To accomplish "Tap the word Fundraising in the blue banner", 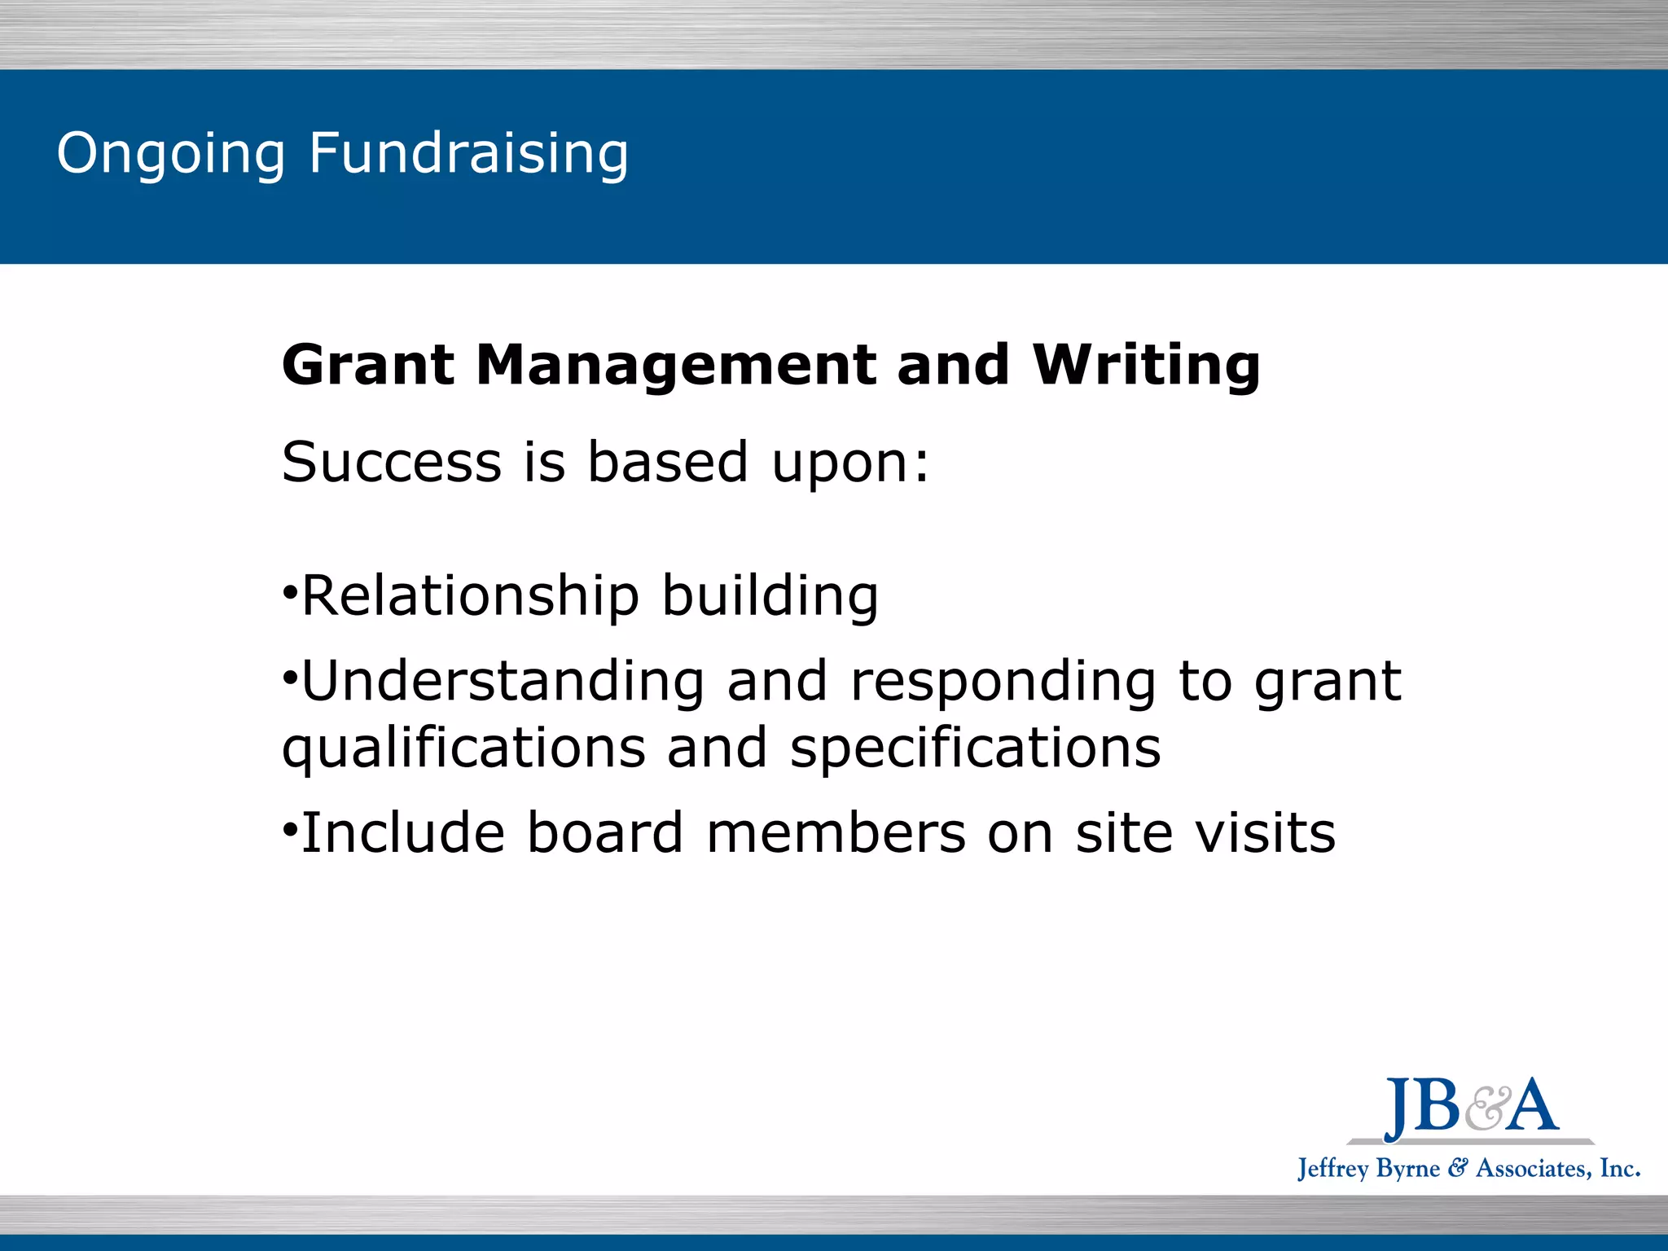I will coord(468,155).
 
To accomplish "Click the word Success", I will coord(391,462).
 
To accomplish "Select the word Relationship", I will coord(471,596).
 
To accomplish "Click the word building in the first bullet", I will coord(770,596).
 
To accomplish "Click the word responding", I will coord(1003,683).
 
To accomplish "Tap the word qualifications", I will coord(463,749).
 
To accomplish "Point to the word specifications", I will coord(975,749).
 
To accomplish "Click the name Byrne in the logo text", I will coord(1408,1169).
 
